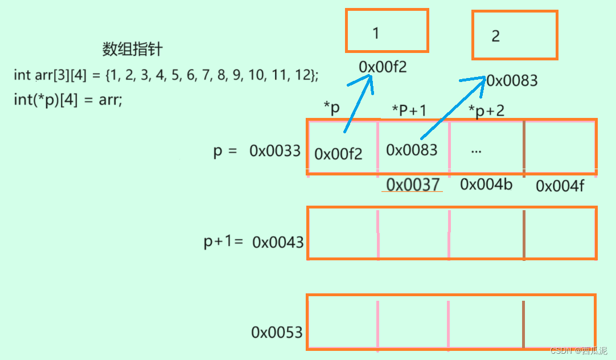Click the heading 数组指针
tap(132, 50)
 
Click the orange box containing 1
tap(387, 31)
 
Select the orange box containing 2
tap(514, 35)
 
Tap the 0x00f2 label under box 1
tap(383, 67)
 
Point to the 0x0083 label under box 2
tap(512, 81)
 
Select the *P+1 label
tap(409, 111)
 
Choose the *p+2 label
tap(486, 110)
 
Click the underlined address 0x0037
tap(413, 184)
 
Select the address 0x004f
tap(560, 186)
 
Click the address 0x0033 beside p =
tap(275, 151)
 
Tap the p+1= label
tap(223, 242)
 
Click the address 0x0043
tap(278, 242)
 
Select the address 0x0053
tap(277, 332)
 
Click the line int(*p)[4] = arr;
tap(68, 100)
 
